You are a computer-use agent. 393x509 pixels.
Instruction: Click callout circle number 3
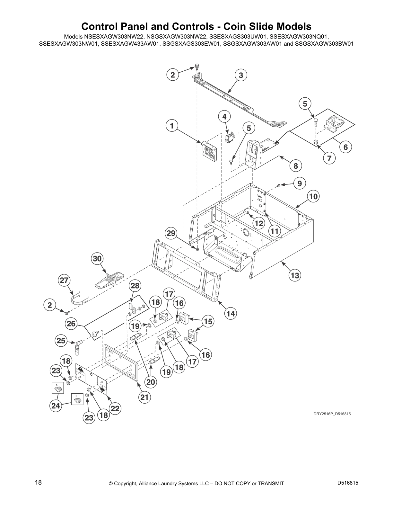coord(241,75)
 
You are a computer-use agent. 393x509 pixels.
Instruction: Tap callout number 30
coord(97,258)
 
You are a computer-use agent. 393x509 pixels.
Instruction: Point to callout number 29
coord(171,233)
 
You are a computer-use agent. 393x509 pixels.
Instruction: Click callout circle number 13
coord(294,275)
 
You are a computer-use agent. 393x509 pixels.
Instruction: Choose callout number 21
coord(144,397)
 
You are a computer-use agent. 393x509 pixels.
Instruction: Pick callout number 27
coord(64,280)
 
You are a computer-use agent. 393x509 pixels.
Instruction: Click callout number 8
coord(295,166)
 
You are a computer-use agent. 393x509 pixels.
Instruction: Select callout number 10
coord(313,196)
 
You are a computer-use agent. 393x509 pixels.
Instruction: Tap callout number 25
coord(61,340)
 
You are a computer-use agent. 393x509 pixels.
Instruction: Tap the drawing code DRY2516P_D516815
coord(332,414)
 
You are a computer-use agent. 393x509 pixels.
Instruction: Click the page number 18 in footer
coord(38,482)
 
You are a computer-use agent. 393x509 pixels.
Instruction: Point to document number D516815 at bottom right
coord(348,482)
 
